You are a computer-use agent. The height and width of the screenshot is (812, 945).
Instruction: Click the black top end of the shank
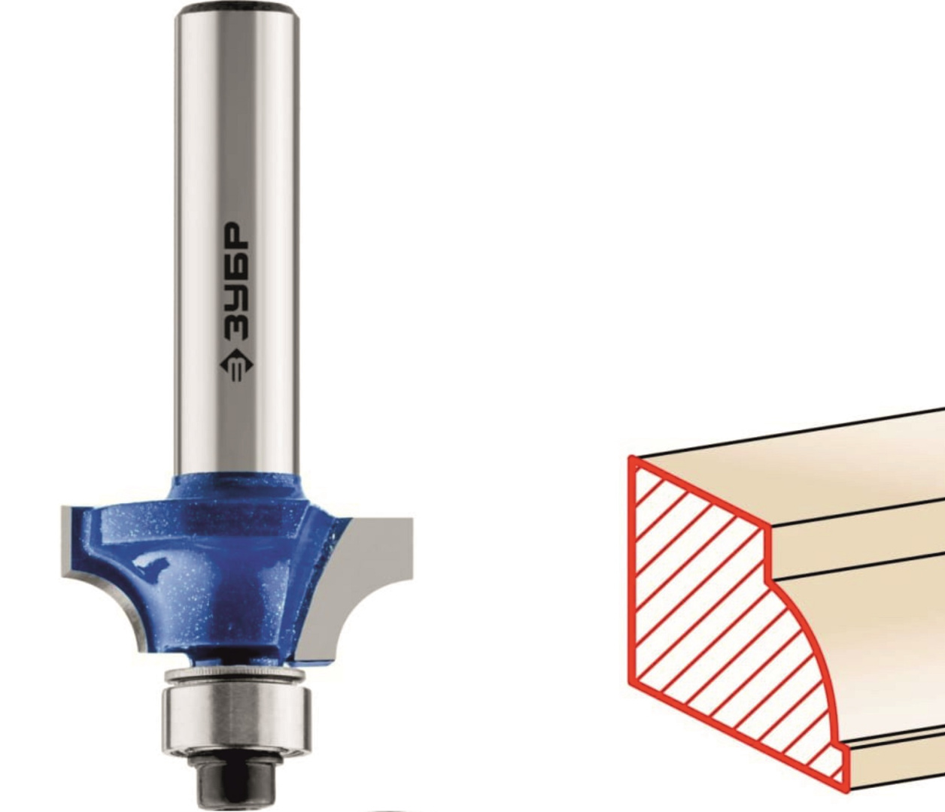[x=237, y=8]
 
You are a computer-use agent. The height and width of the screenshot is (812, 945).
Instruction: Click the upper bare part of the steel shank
[x=237, y=114]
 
